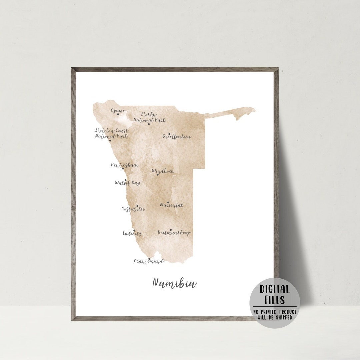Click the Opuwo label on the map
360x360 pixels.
coord(118,111)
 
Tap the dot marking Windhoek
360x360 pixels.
coord(158,174)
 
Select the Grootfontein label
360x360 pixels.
coord(177,137)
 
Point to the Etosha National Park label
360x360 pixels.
coord(149,117)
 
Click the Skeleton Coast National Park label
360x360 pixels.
coord(111,133)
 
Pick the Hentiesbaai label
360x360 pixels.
coord(124,165)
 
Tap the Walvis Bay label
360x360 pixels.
coord(127,183)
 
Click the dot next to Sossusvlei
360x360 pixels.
coord(137,206)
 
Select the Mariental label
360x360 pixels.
coord(172,205)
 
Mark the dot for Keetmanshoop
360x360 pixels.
coord(170,230)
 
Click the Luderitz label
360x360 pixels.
coord(132,234)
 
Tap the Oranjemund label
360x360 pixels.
coord(149,262)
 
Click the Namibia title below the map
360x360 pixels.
coord(174,283)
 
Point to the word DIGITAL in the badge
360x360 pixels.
coord(275,289)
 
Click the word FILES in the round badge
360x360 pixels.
coord(275,300)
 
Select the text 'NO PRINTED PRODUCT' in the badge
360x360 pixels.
coord(275,312)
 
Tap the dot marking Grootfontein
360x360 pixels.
coord(169,134)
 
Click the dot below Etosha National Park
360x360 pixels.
coord(149,124)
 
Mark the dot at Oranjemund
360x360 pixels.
coord(149,259)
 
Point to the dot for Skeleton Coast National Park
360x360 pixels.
coord(110,140)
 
